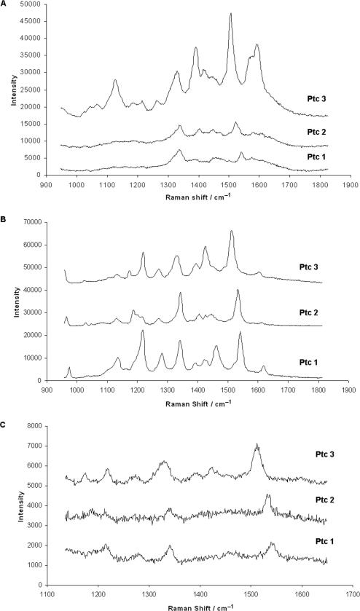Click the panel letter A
pyautogui.click(x=4, y=4)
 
